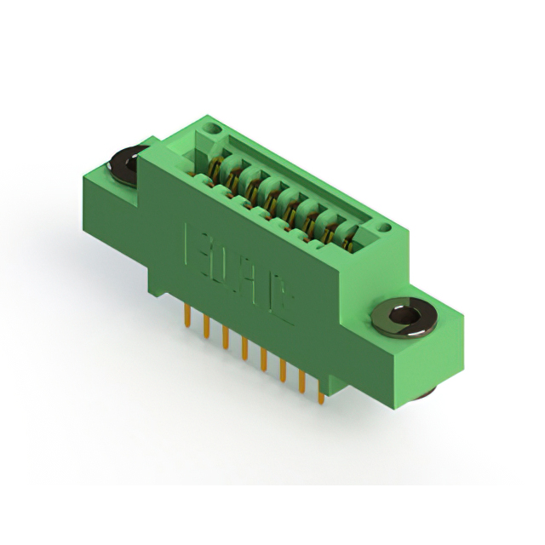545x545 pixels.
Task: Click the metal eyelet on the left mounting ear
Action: [126, 163]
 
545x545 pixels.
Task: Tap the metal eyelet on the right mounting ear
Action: [404, 318]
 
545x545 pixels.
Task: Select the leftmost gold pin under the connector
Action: [186, 317]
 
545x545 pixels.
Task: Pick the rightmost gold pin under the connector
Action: [320, 391]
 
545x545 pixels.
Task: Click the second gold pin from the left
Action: [206, 327]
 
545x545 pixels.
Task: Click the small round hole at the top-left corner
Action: [212, 129]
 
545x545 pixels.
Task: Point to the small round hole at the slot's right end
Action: [384, 228]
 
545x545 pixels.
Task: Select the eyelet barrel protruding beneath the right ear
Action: [425, 391]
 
